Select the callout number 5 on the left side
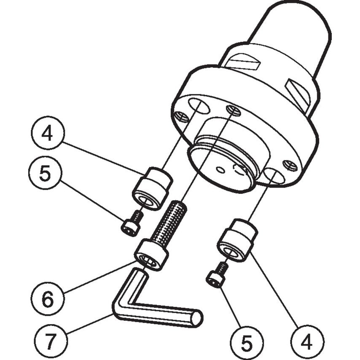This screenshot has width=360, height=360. coord(45,174)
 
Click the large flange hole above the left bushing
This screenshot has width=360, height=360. coord(199,106)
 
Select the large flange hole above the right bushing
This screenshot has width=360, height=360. coord(274,175)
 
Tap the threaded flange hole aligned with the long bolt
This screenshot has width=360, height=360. coord(233,110)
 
